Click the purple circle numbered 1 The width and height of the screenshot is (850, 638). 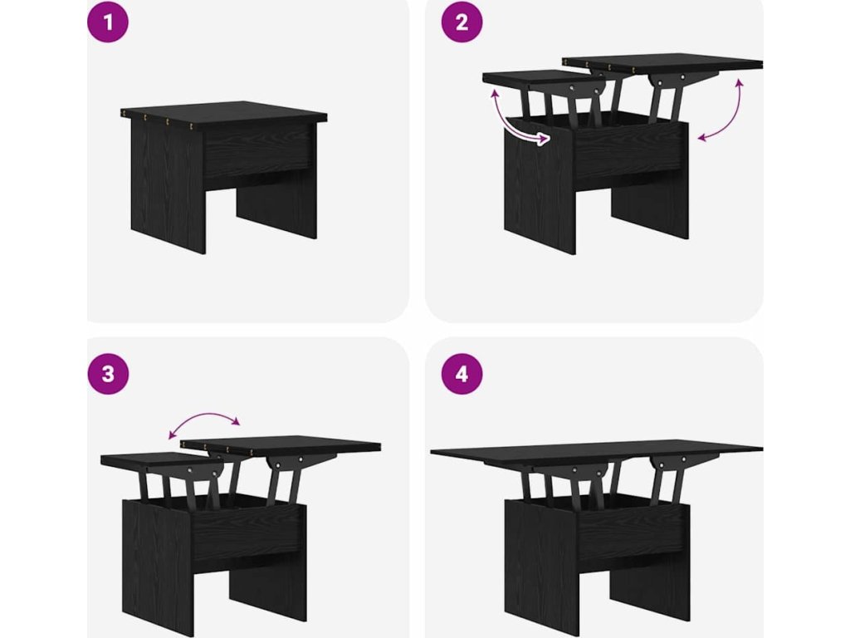click(x=108, y=22)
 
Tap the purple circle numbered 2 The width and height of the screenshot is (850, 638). click(x=462, y=22)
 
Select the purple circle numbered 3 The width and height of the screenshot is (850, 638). click(x=108, y=374)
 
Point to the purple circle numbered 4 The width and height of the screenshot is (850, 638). click(x=462, y=374)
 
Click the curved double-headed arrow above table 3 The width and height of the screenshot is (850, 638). click(x=204, y=415)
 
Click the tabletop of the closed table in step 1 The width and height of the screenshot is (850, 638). click(x=223, y=115)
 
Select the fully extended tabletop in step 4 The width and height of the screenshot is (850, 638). click(x=596, y=453)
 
